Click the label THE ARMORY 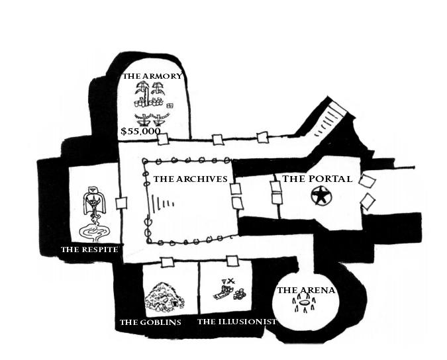152,76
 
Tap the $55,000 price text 140,131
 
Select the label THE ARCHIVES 190,179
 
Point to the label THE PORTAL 317,179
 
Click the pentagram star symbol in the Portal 321,196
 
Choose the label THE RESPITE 89,249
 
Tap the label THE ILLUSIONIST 236,322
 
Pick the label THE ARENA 306,290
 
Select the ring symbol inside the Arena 305,305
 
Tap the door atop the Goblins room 167,261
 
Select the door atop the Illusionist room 232,261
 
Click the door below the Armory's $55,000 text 163,140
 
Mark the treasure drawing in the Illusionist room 231,289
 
